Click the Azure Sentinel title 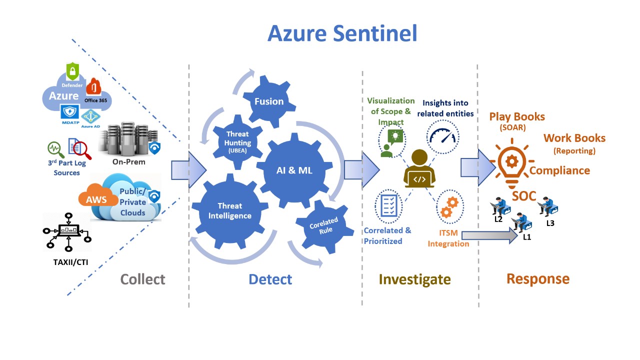pos(342,33)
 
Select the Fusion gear pos(269,101)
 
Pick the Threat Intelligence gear pos(230,211)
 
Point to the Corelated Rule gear pos(323,225)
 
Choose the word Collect pos(142,279)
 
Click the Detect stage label pos(270,279)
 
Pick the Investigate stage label pos(414,279)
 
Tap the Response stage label pos(537,278)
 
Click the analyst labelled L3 pos(548,206)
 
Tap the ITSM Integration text pos(448,239)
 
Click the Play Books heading pos(517,117)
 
